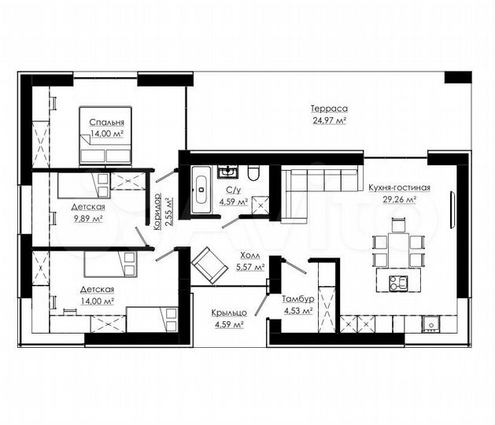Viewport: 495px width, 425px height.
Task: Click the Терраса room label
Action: point(329,109)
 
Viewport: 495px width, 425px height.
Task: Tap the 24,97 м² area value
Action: point(330,120)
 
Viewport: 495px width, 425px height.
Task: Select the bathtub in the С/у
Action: point(201,190)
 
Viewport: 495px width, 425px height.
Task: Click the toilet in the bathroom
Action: point(253,173)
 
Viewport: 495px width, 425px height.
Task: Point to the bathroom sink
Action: point(227,172)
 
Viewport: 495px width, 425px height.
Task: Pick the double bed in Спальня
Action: point(105,136)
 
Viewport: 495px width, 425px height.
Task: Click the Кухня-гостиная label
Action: point(399,188)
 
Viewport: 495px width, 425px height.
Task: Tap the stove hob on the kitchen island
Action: point(398,283)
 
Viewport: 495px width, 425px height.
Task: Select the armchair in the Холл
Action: point(209,265)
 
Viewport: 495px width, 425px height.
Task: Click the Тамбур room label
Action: point(297,299)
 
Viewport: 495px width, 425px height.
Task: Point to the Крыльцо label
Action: point(229,313)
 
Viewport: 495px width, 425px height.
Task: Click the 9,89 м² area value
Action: point(88,219)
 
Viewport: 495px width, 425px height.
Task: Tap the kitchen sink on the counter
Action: point(431,324)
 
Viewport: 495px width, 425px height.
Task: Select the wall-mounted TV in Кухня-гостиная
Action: point(452,209)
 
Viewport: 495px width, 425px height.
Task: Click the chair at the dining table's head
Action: point(398,225)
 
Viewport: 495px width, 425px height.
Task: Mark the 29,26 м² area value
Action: point(399,200)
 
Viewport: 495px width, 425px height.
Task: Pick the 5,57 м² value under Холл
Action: point(250,267)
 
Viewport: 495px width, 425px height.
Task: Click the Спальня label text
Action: point(107,122)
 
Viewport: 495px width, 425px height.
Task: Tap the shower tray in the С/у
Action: point(260,205)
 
